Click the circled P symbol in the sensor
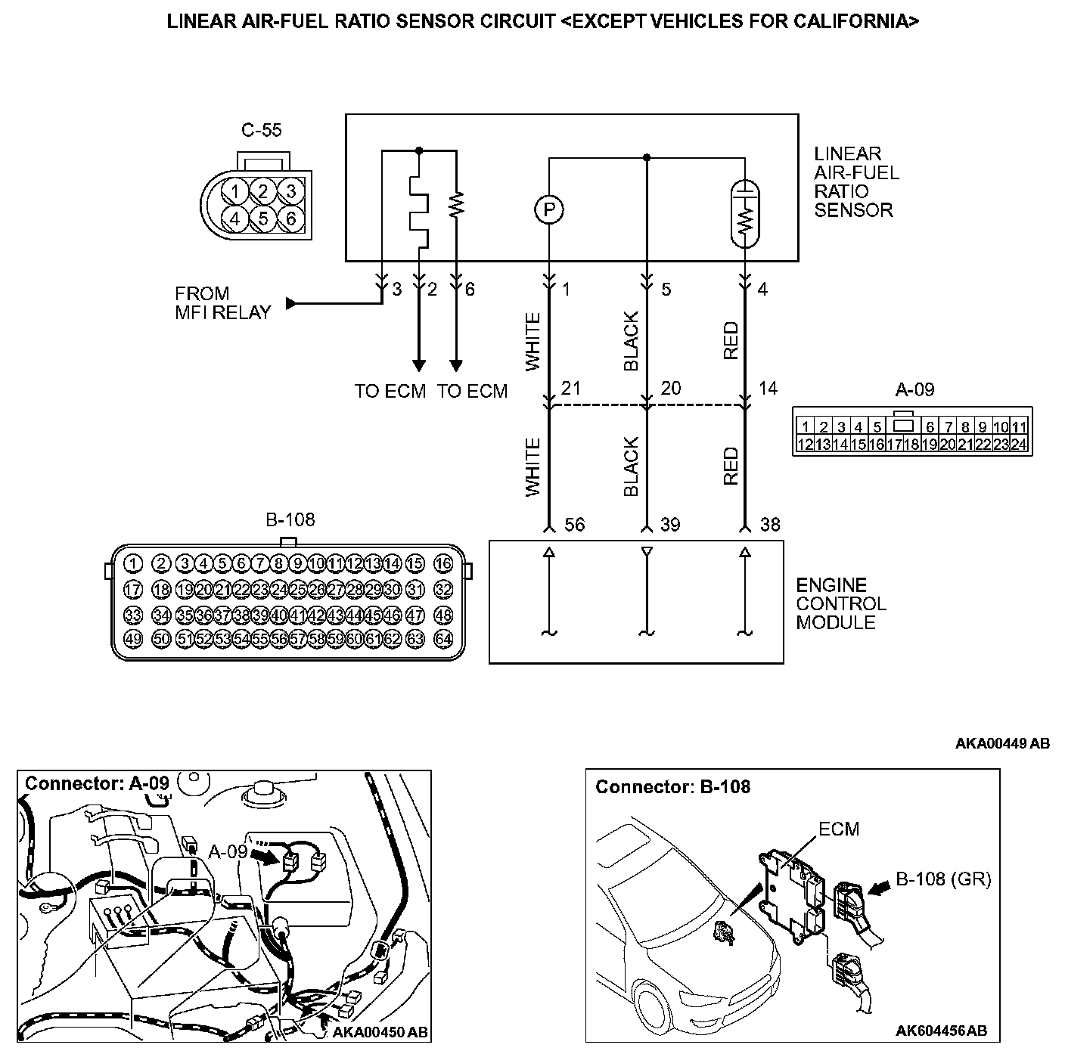click(549, 209)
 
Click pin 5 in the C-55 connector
click(263, 219)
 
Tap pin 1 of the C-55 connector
click(235, 191)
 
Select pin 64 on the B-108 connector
click(443, 638)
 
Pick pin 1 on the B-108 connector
click(132, 563)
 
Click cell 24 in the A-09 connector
click(1018, 445)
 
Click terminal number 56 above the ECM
click(575, 525)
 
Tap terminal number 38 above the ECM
click(769, 525)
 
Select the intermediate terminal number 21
click(571, 388)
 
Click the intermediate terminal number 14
click(768, 388)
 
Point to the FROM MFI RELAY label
click(222, 303)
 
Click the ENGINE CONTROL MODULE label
click(841, 603)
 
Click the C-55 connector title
click(261, 130)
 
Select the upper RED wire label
click(731, 341)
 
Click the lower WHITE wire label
click(533, 467)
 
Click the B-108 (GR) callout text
click(943, 879)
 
